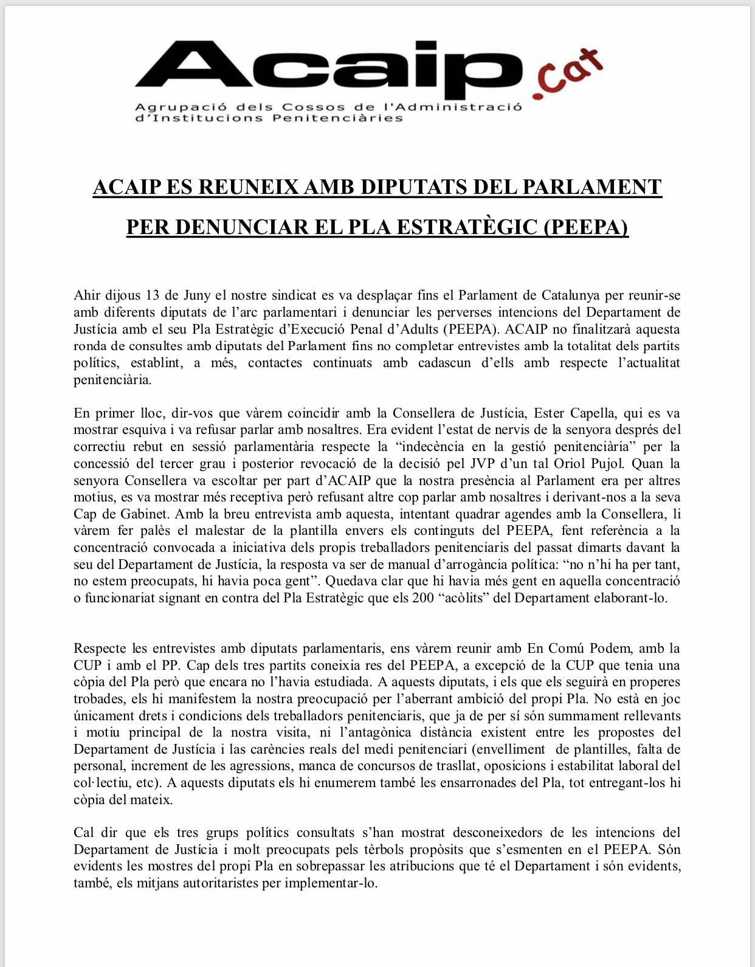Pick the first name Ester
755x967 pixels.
pos(548,413)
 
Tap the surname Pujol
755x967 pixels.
pos(657,464)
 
